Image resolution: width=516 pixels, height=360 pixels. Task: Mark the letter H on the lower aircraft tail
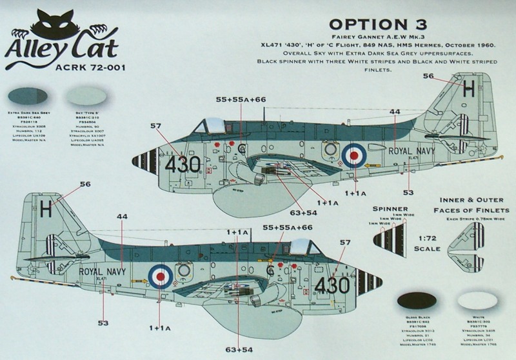coord(45,208)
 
